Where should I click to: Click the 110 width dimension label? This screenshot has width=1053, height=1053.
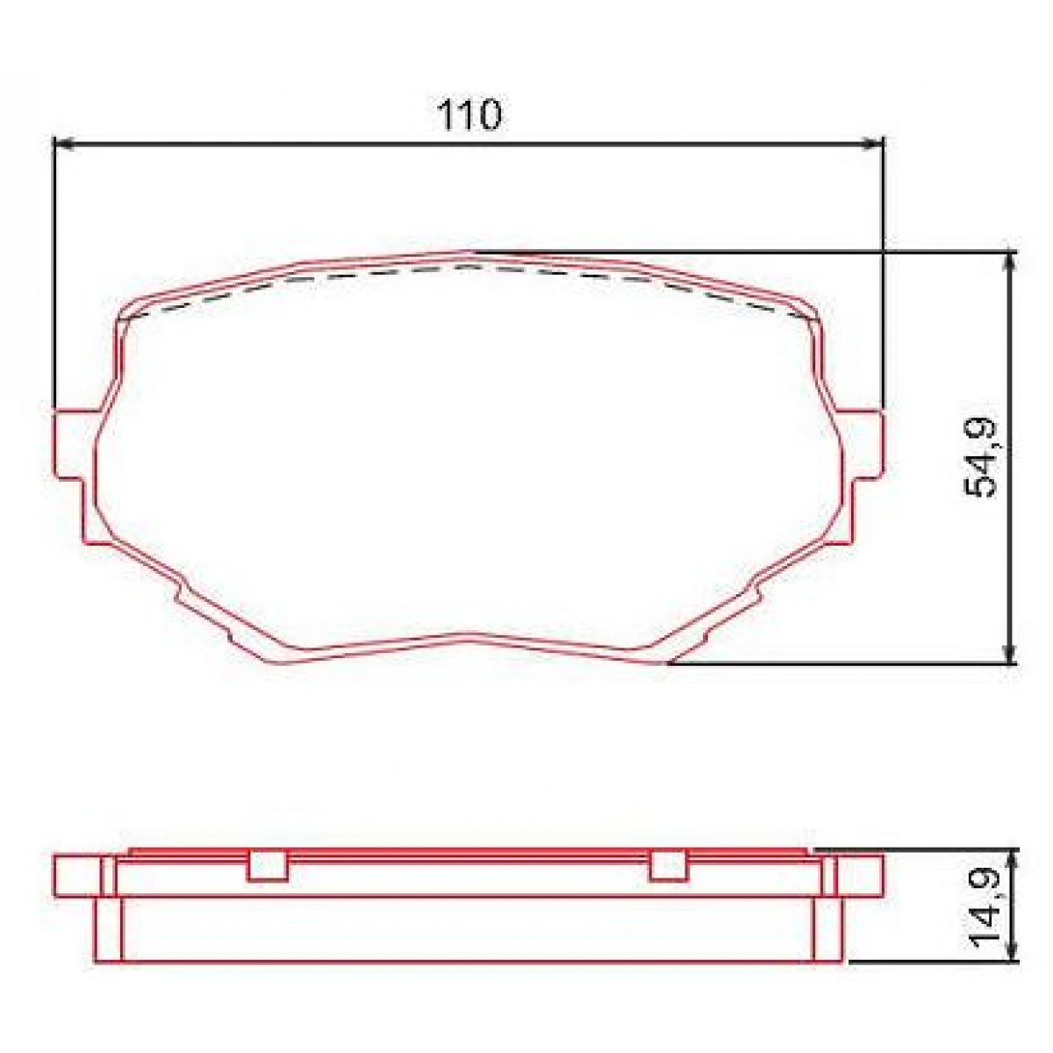click(469, 115)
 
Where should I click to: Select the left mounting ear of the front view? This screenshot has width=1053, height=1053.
click(72, 445)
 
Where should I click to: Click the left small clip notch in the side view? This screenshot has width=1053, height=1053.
click(268, 866)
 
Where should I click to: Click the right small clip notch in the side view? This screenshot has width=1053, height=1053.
click(667, 866)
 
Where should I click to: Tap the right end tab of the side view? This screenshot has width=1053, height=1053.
click(860, 876)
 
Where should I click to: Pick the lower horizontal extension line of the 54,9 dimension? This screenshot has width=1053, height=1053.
click(834, 664)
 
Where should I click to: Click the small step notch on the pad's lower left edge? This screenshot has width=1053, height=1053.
click(180, 593)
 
